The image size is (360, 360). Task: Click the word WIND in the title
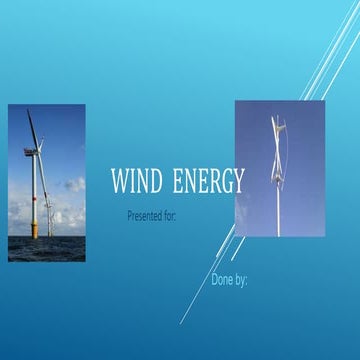(x=138, y=183)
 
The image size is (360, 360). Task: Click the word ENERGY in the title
(x=208, y=183)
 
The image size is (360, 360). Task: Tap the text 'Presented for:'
(x=152, y=215)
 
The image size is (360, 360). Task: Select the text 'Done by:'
(x=229, y=280)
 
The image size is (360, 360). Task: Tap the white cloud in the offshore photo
(x=73, y=186)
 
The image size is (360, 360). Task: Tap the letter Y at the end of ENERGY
(x=237, y=183)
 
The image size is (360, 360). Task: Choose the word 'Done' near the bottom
(x=222, y=280)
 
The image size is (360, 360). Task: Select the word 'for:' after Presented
(x=170, y=215)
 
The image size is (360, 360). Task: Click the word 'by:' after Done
(x=241, y=280)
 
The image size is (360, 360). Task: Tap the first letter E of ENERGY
(x=178, y=183)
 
